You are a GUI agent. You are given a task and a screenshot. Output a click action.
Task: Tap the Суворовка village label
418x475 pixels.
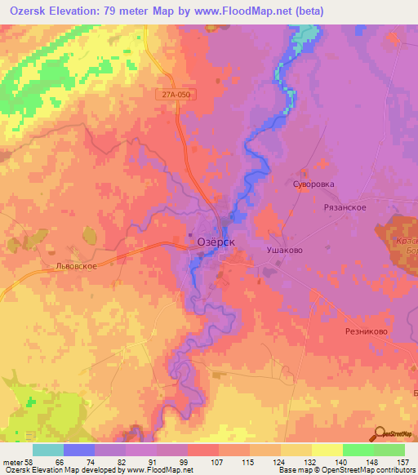click(x=314, y=184)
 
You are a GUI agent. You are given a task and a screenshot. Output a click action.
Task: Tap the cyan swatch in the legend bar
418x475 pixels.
click(x=48, y=450)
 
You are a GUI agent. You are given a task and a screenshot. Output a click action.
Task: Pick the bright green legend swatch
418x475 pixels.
click(x=358, y=450)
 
